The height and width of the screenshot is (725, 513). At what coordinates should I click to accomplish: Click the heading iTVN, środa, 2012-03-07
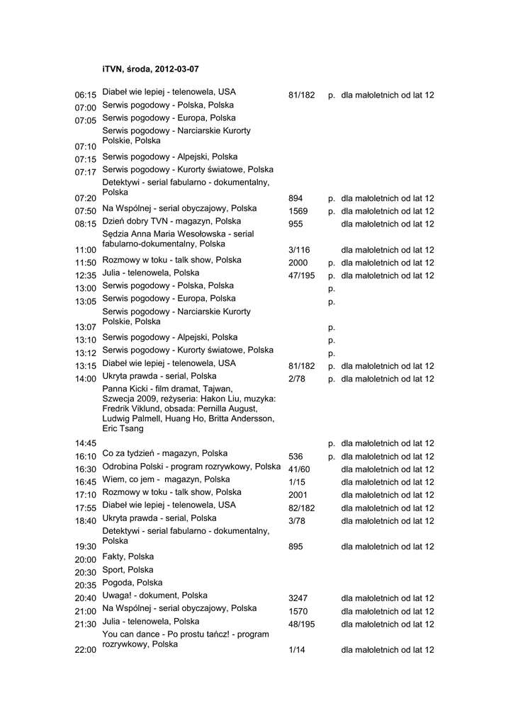pos(150,69)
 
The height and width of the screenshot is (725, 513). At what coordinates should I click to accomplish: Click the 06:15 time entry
pos(85,95)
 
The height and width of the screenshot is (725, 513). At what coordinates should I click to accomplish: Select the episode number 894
pos(295,198)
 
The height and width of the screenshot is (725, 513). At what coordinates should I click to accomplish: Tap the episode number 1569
pos(298,211)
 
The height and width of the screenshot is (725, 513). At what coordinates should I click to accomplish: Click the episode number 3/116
pos(299,250)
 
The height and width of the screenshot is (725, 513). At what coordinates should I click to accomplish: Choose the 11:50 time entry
pos(85,263)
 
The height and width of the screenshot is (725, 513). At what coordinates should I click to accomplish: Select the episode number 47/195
pos(301,275)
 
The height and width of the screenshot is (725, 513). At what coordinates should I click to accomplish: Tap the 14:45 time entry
pos(85,443)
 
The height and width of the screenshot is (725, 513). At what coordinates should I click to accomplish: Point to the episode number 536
pos(295,457)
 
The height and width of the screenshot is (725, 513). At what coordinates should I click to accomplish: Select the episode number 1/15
pos(297,482)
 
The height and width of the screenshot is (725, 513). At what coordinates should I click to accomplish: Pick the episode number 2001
pos(298,495)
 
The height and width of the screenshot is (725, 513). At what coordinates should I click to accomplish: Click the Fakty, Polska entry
pos(128,557)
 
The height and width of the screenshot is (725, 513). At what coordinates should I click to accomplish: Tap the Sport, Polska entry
pos(128,570)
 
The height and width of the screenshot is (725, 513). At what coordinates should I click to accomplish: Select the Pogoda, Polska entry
pos(132,583)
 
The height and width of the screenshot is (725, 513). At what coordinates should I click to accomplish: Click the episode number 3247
pos(298,598)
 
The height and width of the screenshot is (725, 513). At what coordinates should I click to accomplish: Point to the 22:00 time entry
pos(85,650)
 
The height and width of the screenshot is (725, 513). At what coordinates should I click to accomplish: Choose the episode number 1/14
pos(297,650)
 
